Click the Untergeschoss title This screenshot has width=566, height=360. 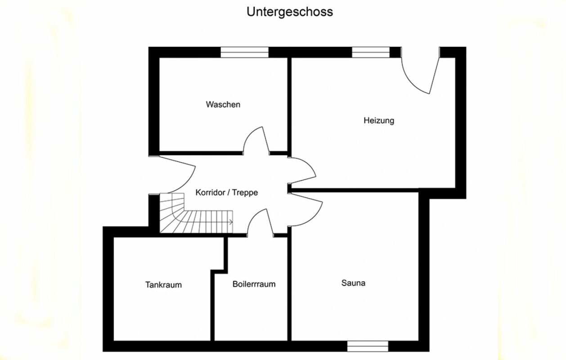290,12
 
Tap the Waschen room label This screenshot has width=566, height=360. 223,104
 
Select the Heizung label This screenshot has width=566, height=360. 379,121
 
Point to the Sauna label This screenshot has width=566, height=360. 353,283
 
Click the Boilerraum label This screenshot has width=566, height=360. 254,284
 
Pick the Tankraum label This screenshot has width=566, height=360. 163,285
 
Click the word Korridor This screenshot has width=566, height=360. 210,193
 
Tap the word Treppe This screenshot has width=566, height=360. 245,193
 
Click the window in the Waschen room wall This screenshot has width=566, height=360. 244,52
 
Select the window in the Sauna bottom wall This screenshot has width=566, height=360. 368,346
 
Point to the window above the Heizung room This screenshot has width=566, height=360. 371,52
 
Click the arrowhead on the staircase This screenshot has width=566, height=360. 231,222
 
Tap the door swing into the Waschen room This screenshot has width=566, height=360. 256,140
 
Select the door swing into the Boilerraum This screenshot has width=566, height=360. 260,222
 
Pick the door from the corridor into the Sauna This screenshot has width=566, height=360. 305,210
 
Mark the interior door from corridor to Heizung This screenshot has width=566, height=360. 302,171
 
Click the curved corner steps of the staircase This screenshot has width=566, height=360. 172,213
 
